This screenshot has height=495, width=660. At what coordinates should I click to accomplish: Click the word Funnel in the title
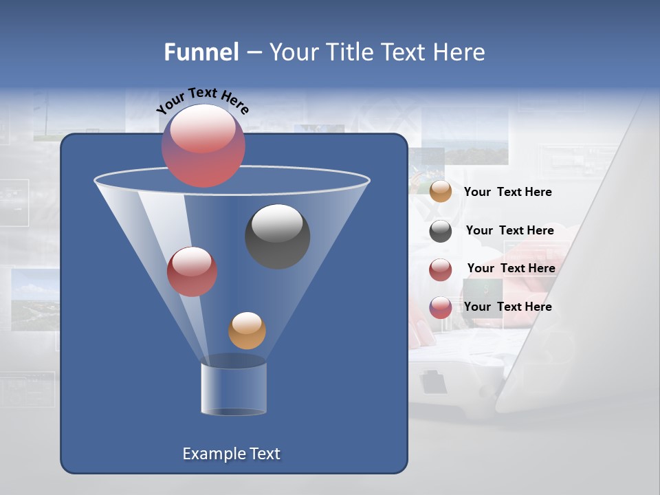pos(201,52)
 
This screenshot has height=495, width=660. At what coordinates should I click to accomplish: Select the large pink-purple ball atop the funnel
pos(203,146)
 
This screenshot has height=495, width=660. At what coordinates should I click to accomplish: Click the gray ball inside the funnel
pos(277,236)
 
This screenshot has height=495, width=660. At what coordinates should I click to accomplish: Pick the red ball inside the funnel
pos(192,272)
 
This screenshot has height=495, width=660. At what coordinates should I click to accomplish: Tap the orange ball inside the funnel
pos(247,330)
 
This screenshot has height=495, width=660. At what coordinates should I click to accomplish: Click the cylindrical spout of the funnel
pos(234,388)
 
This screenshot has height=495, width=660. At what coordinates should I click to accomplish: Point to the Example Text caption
pos(231,454)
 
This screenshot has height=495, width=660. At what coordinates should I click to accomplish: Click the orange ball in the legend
pos(441,192)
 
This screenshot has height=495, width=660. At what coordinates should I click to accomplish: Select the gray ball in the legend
pos(441,231)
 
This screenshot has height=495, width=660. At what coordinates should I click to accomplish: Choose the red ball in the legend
pos(441,269)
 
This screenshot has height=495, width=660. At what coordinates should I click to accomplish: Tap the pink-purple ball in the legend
pos(441,307)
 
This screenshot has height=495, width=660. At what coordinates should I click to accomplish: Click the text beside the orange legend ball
pos(507,192)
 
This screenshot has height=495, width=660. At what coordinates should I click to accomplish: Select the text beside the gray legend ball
pos(509,230)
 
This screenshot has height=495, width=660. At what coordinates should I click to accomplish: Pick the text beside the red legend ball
pos(511,268)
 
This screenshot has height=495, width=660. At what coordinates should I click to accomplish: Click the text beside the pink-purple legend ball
pos(507,307)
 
